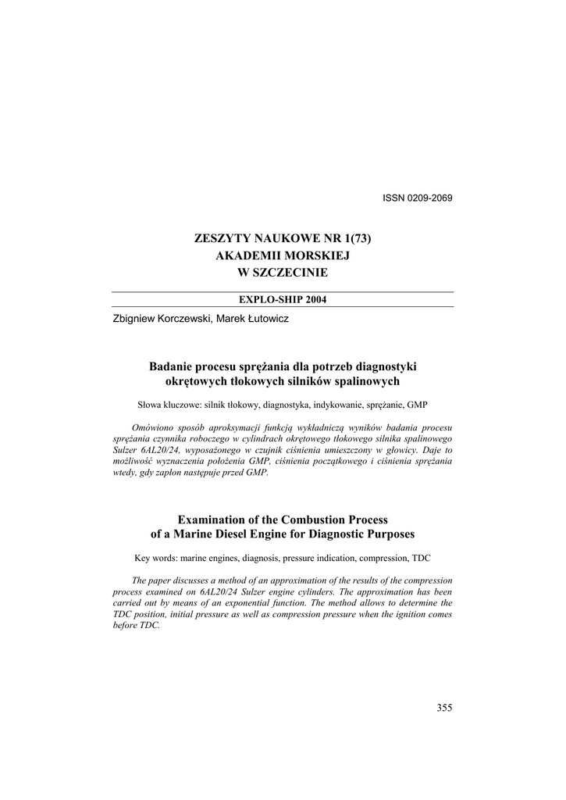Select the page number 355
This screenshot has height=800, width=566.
click(x=444, y=708)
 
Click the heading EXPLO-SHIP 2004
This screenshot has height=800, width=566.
click(x=283, y=299)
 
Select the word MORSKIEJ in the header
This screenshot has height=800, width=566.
click(x=314, y=255)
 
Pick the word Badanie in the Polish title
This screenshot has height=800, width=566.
click(x=169, y=366)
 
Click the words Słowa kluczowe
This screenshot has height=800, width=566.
click(x=169, y=405)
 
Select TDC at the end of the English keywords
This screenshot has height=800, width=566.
click(x=420, y=559)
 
